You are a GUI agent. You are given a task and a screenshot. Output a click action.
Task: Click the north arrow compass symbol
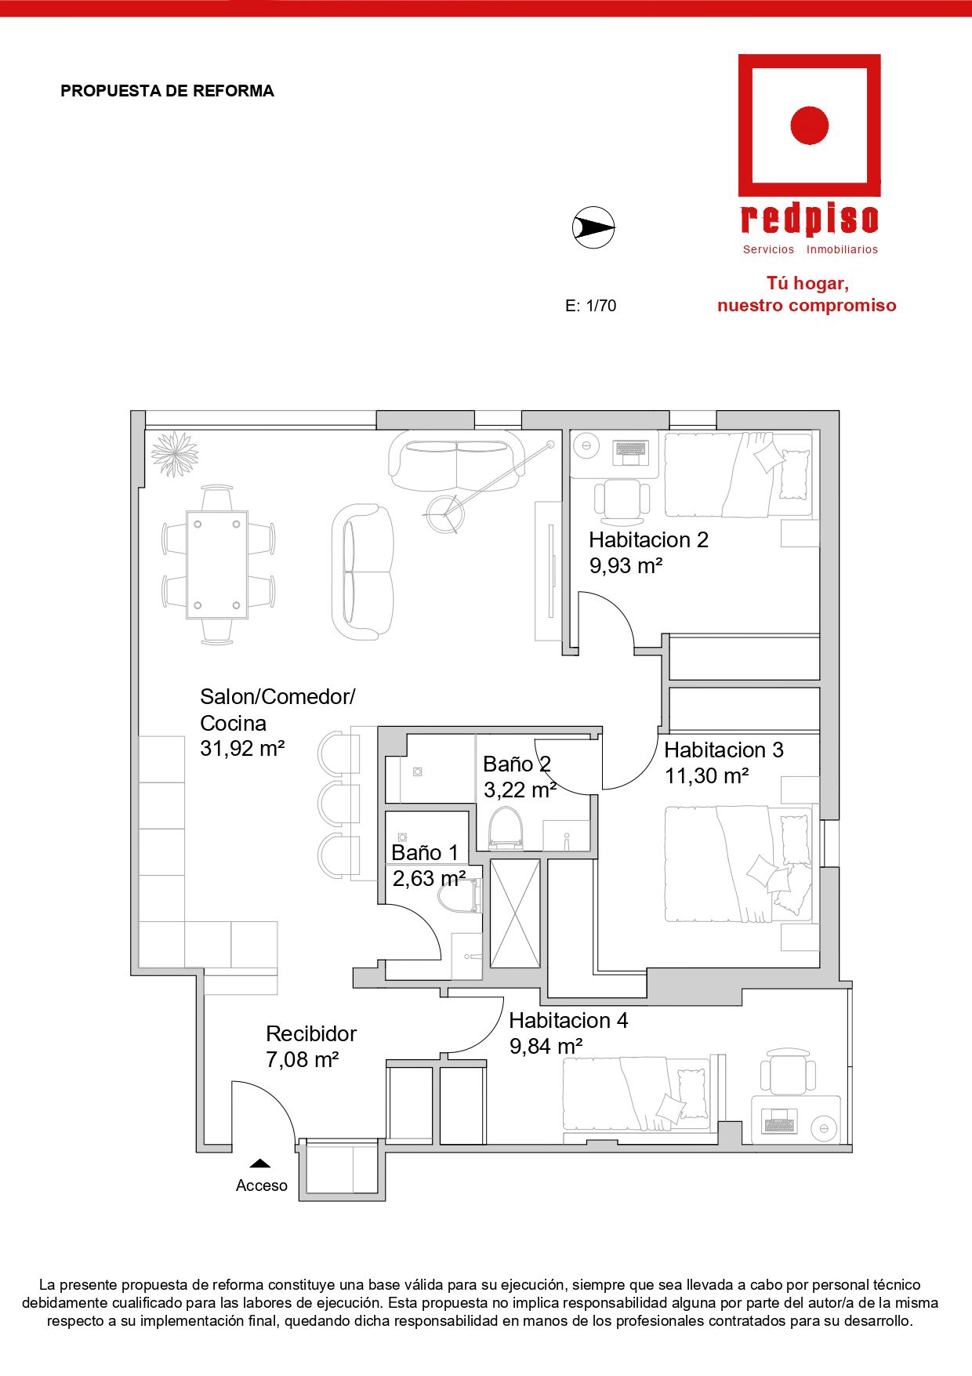point(593,228)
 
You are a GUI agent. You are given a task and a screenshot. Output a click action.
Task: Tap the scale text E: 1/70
point(591,306)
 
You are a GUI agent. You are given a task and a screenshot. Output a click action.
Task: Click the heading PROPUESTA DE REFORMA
point(168,91)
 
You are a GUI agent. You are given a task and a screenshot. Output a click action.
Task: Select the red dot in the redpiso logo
point(810,125)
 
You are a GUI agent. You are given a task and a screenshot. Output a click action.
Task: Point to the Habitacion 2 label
point(648,539)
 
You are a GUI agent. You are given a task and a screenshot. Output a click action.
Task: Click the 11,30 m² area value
point(706,776)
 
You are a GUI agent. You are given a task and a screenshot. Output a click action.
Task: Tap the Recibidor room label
point(311,1033)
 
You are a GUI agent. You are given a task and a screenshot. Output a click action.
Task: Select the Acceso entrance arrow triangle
point(260,1164)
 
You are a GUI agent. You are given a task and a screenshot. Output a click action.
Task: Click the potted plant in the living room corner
point(174,453)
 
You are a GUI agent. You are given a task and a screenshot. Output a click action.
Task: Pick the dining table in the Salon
point(217,565)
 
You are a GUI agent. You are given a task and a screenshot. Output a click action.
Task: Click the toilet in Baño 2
point(506,829)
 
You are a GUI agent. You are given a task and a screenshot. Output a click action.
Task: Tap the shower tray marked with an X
point(515,913)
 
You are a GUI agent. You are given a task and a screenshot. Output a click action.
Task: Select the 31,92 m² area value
point(242,749)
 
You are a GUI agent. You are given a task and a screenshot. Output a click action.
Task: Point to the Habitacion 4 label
point(568,1020)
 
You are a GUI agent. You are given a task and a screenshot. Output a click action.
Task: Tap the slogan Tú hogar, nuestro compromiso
point(807,295)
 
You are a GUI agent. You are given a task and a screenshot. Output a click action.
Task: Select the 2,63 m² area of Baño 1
point(429,878)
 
